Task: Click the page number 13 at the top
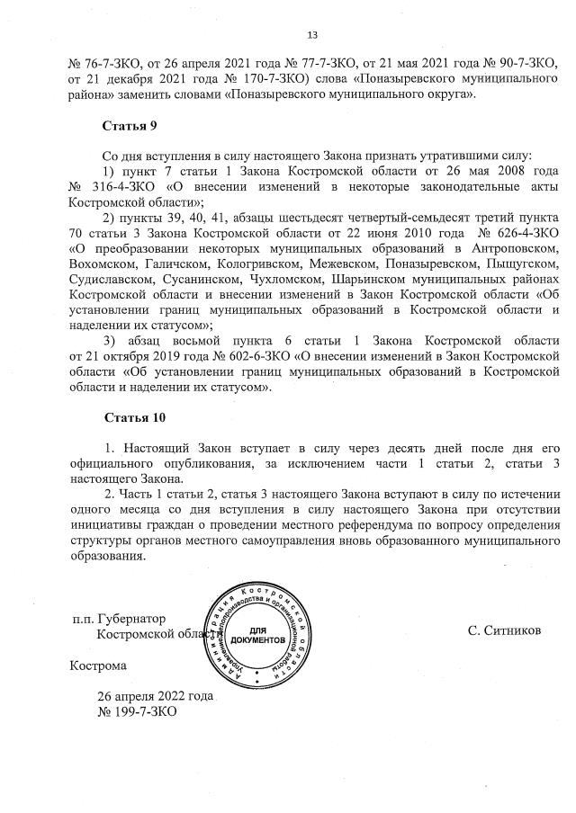point(313,36)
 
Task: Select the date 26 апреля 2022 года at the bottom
point(156,696)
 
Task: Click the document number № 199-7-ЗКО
point(137,711)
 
